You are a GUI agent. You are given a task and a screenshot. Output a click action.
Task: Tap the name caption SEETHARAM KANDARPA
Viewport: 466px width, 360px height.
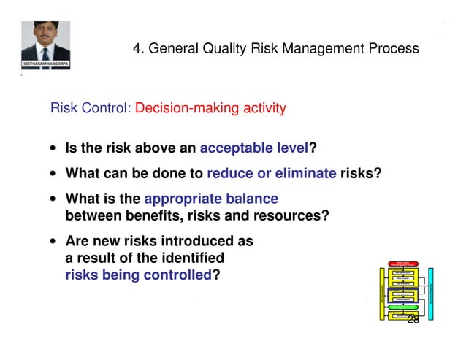[45, 64]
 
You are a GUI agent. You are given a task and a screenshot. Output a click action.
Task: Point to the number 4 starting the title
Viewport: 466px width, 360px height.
[137, 49]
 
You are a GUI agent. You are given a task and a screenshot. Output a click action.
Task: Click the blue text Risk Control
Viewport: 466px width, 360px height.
[90, 109]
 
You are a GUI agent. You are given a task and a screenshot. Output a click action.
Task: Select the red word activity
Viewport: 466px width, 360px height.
[260, 109]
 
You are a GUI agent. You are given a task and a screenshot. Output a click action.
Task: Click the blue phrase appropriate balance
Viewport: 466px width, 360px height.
[211, 199]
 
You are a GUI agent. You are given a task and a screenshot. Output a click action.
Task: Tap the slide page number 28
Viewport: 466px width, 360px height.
[413, 320]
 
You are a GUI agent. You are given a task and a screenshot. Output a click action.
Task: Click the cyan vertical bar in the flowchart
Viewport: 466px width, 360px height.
[431, 293]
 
